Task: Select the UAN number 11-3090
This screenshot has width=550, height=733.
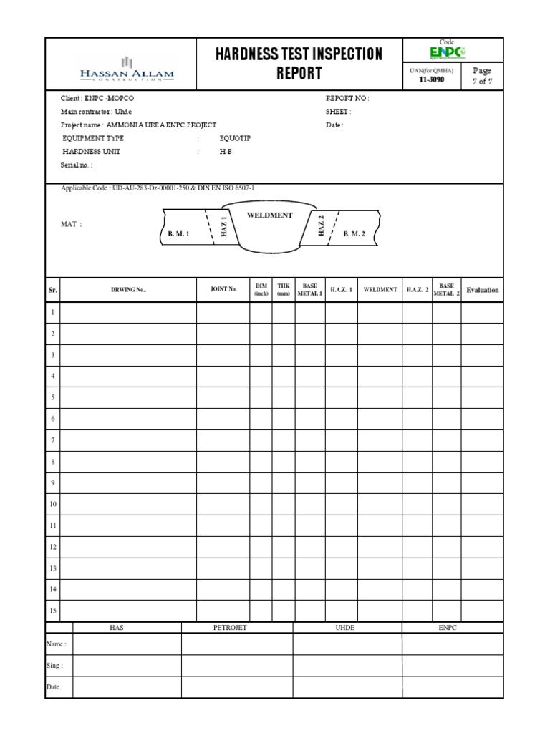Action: click(430, 81)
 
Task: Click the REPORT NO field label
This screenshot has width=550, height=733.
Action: click(347, 99)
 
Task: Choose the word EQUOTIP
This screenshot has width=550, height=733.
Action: click(236, 138)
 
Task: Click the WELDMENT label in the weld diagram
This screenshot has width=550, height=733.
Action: click(269, 215)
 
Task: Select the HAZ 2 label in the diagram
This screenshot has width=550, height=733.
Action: click(321, 225)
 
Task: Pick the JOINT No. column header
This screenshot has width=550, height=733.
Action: click(223, 290)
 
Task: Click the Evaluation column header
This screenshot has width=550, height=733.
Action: click(482, 290)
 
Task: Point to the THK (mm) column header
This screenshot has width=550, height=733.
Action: click(283, 290)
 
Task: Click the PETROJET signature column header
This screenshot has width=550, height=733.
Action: click(230, 628)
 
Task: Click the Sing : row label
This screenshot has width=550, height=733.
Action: click(55, 666)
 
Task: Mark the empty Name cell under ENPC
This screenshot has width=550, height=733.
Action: click(452, 644)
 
